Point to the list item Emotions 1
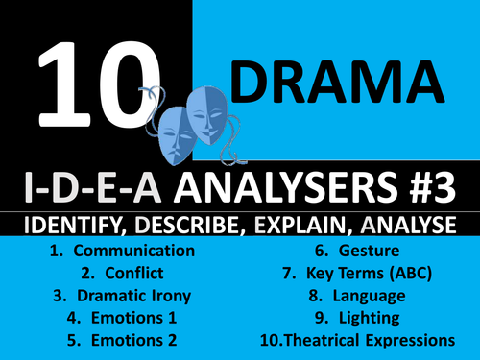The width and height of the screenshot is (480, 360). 124,317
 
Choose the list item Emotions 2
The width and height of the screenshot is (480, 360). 124,339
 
